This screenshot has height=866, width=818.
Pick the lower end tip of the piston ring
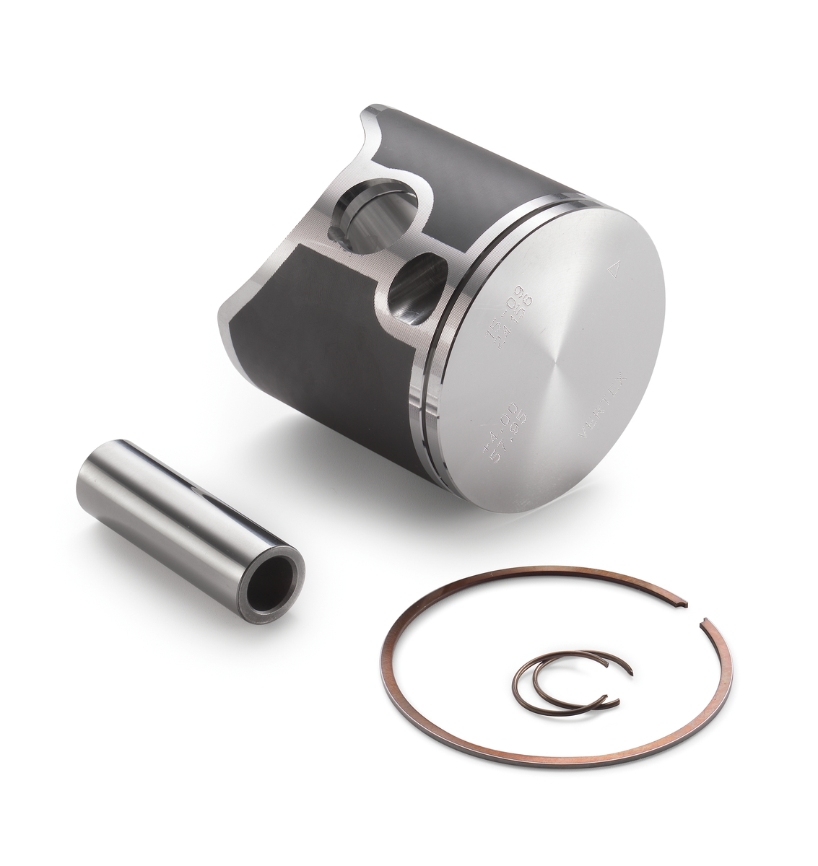(704, 618)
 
